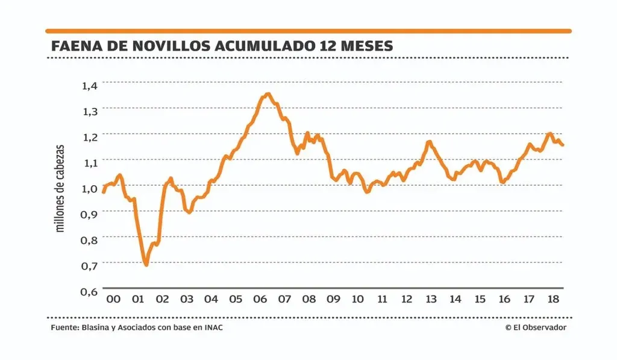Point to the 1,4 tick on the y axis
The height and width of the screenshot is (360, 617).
click(x=89, y=85)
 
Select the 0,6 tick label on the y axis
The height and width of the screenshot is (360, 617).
click(x=89, y=291)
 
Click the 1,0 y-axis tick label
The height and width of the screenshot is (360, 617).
click(x=89, y=188)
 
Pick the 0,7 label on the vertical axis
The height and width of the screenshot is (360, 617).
click(x=89, y=265)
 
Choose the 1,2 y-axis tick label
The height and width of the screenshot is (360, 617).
click(x=89, y=137)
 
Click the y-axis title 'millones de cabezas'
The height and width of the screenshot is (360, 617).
click(x=60, y=189)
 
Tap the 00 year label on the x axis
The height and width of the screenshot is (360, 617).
click(x=113, y=299)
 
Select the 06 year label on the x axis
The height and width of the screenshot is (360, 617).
click(x=260, y=299)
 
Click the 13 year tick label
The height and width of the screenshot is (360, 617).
click(x=431, y=299)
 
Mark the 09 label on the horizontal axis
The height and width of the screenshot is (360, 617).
click(x=333, y=299)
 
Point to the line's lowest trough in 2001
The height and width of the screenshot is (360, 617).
click(x=146, y=264)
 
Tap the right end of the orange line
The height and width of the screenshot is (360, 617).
click(x=563, y=145)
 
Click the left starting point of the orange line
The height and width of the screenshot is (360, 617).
click(x=103, y=192)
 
